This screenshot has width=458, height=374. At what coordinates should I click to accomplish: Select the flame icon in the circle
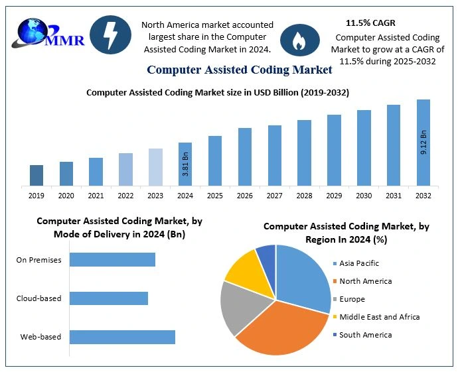tap(295, 40)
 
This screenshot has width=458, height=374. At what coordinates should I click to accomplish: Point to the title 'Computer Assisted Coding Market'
tap(240, 69)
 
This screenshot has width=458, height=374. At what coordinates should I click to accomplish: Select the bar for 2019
tap(37, 175)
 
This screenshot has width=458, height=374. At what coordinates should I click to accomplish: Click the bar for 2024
tap(185, 164)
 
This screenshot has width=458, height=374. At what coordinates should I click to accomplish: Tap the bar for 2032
tap(423, 142)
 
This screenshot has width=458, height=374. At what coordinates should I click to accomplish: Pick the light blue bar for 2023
tap(155, 166)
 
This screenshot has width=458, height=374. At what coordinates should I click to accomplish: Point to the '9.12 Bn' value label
tap(423, 143)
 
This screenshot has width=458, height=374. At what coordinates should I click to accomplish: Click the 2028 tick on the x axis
tap(304, 196)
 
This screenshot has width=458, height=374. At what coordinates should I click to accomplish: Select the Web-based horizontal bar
tap(122, 337)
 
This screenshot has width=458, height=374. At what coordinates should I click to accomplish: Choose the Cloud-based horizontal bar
tap(109, 298)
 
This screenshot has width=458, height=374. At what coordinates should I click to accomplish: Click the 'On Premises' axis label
tap(38, 260)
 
